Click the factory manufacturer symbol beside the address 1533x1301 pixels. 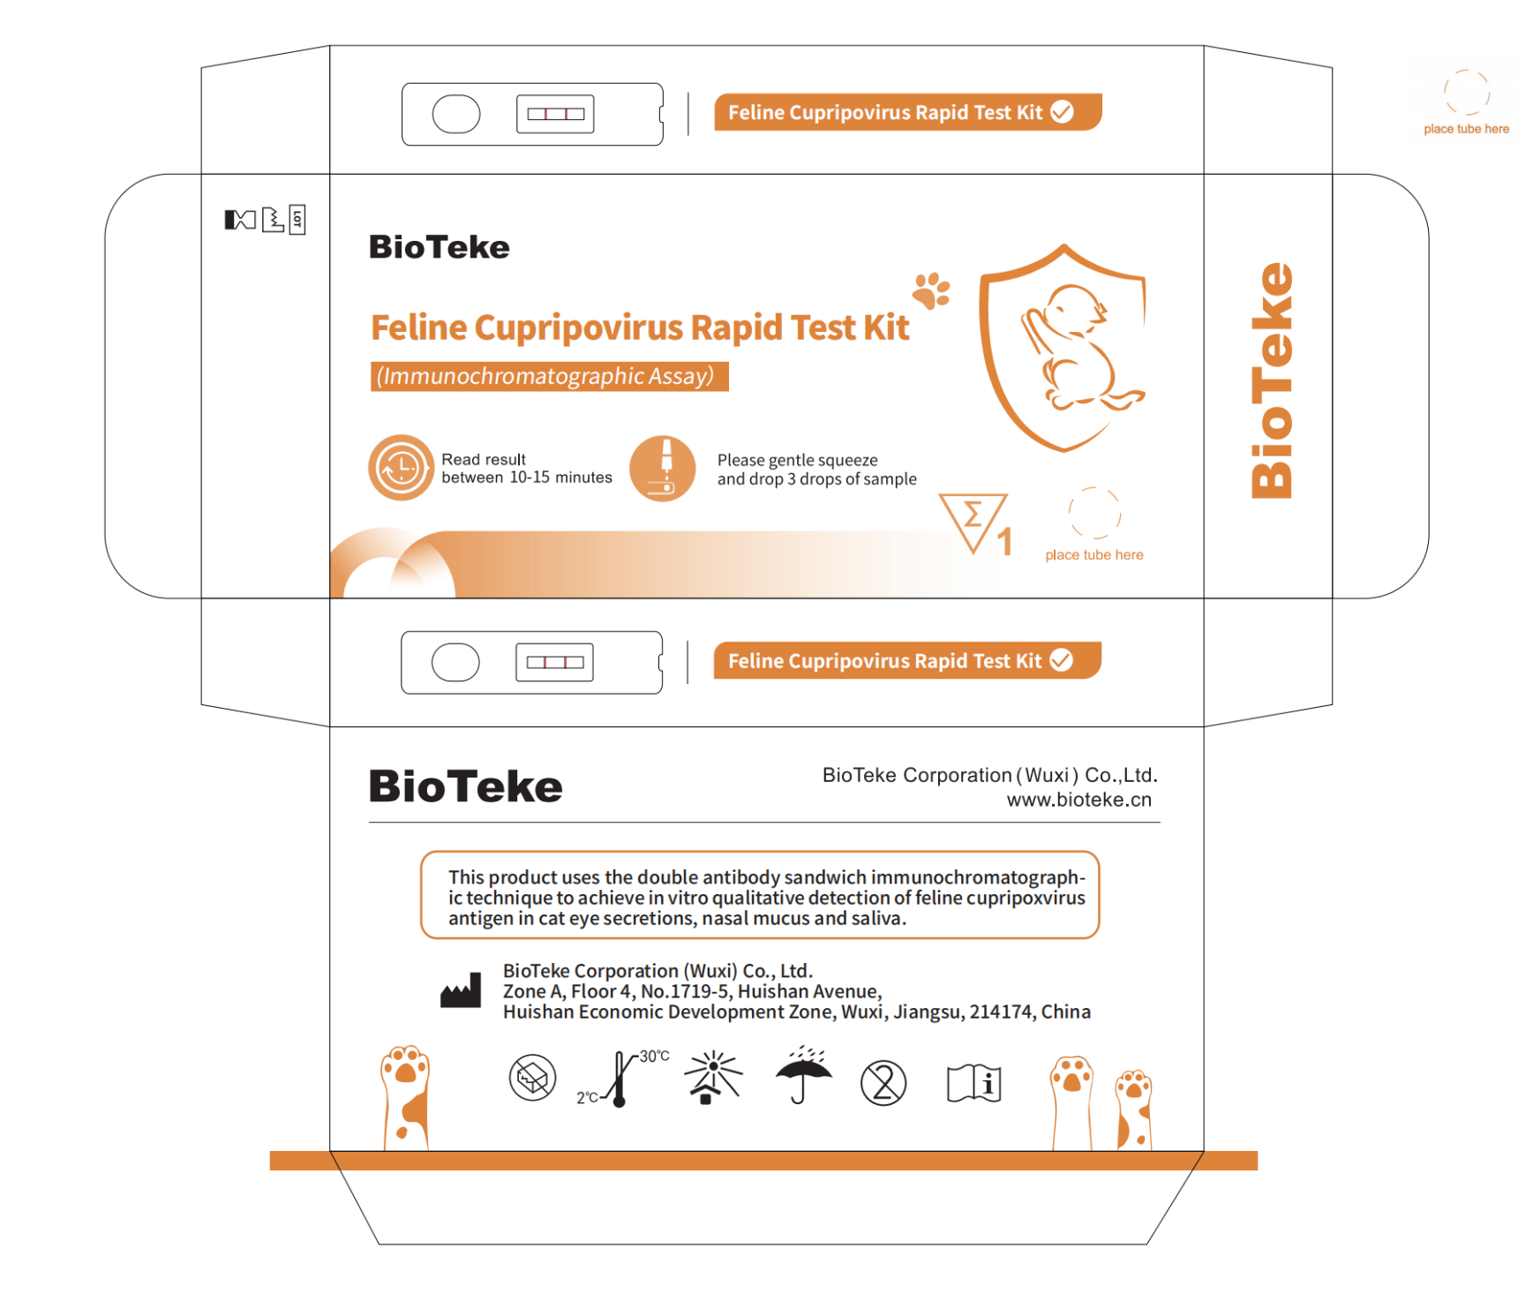pyautogui.click(x=461, y=990)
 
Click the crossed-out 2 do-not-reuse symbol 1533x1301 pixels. pyautogui.click(x=883, y=1083)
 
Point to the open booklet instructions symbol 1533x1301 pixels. pyautogui.click(x=973, y=1083)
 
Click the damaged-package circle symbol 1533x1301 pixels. pyautogui.click(x=532, y=1078)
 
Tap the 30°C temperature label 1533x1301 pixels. pyautogui.click(x=654, y=1057)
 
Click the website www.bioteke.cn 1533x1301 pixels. pyautogui.click(x=1078, y=800)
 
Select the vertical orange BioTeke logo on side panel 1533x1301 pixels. pyautogui.click(x=1272, y=380)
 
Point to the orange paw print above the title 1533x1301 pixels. pyautogui.click(x=931, y=290)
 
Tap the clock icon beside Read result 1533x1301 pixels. pyautogui.click(x=401, y=468)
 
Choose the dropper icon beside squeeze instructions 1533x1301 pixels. pyautogui.click(x=663, y=469)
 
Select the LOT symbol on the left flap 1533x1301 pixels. pyautogui.click(x=297, y=219)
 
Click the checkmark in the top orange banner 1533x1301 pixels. pyautogui.click(x=1062, y=112)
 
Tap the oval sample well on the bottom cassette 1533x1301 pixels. pyautogui.click(x=455, y=663)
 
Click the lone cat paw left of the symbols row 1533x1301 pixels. pyautogui.click(x=405, y=1098)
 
